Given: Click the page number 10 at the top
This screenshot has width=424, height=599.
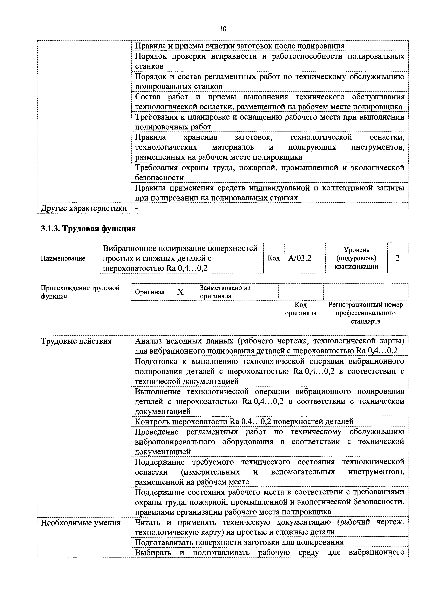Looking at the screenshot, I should click(223, 29).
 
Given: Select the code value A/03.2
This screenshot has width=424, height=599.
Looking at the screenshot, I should click(300, 258).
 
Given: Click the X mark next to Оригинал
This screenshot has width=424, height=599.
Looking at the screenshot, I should click(180, 292).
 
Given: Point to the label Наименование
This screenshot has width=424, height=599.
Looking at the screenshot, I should click(63, 258).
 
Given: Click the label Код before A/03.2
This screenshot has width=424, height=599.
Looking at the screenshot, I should click(273, 258).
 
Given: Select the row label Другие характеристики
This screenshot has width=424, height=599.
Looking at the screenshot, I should click(84, 208).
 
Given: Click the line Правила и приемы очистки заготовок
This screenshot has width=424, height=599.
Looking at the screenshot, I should click(239, 46).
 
